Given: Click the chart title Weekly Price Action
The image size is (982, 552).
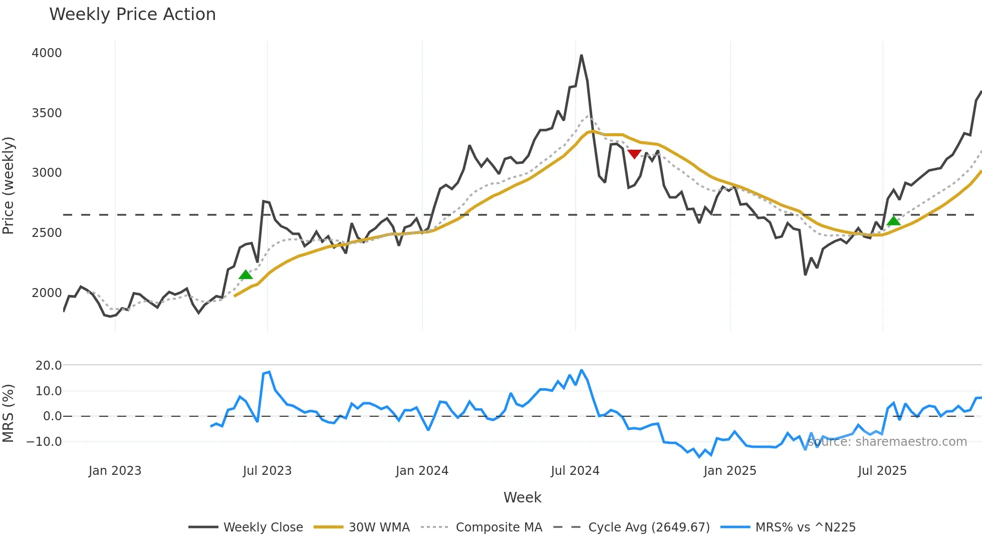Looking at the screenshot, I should tap(132, 15).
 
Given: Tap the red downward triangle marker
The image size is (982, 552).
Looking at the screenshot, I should tap(634, 154).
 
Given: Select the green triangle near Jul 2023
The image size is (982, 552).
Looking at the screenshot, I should tap(245, 274).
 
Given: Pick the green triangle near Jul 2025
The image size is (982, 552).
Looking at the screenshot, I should tap(893, 221).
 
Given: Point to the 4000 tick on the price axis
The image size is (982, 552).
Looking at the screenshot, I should tap(47, 53).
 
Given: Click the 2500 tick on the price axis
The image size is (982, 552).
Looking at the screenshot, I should tap(47, 233).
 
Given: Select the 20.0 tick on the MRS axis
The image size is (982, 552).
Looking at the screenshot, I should tap(49, 366).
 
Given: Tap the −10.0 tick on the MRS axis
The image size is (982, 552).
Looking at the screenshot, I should tap(44, 442).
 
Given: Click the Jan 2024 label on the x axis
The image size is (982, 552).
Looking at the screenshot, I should tap(422, 471).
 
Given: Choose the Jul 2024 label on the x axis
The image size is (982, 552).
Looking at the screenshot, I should tap(575, 471).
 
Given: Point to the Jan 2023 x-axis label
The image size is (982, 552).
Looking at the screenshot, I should tap(115, 471).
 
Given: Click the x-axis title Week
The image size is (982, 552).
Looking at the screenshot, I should tap(522, 497).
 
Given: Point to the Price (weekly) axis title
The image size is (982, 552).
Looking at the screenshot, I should tap(8, 185).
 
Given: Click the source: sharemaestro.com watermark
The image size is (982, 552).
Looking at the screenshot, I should tap(887, 442).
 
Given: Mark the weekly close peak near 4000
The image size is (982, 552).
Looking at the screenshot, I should tap(581, 55).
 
